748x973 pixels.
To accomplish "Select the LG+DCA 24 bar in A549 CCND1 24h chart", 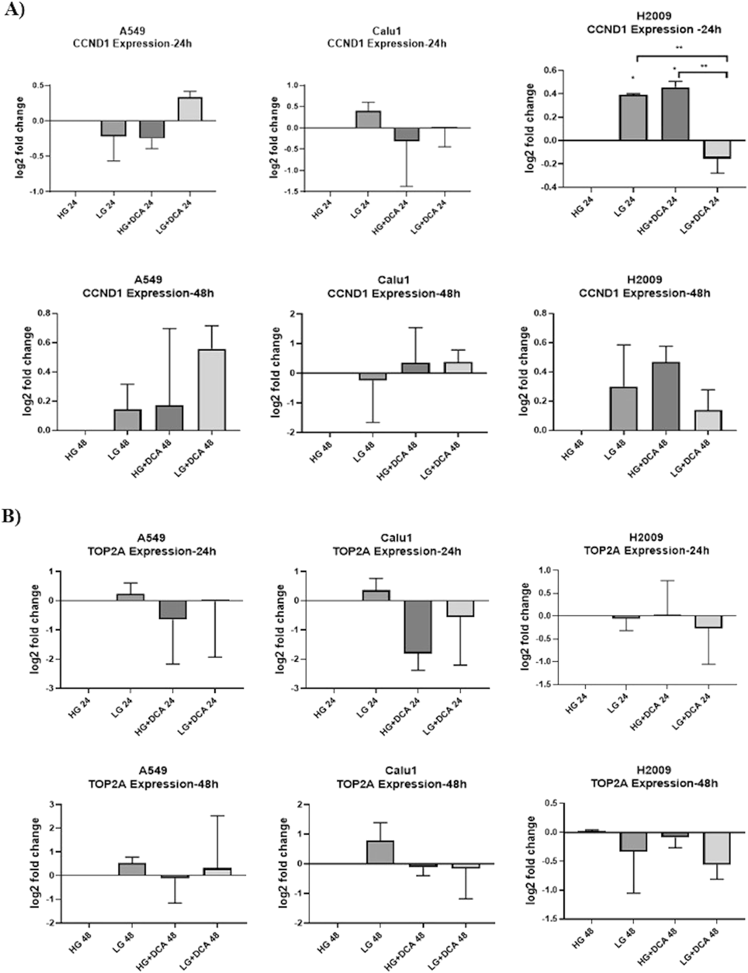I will tap(190, 110).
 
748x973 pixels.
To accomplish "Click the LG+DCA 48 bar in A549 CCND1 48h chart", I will tap(212, 390).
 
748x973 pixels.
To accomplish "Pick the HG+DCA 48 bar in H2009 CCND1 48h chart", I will tap(666, 396).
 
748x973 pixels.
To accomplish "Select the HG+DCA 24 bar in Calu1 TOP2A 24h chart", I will tap(418, 627).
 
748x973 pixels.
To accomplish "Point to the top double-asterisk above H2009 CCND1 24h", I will tap(679, 48).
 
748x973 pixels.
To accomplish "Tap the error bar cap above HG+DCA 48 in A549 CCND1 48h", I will tap(169, 328).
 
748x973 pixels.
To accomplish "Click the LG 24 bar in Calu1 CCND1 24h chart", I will tap(368, 120).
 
